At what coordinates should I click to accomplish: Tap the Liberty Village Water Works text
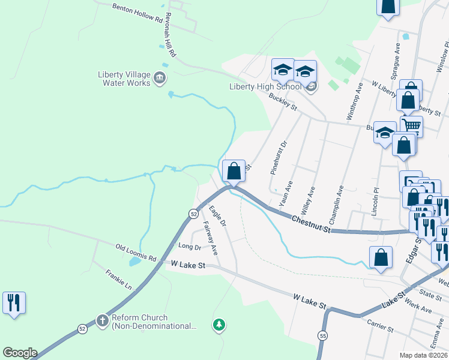coord(124,79)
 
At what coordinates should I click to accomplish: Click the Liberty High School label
coord(265,86)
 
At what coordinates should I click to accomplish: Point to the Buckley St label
coord(283,101)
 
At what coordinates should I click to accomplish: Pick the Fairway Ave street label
coord(209,236)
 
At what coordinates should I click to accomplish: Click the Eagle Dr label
coord(217,215)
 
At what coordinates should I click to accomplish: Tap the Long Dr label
coord(189,246)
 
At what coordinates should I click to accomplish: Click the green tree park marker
coord(219,325)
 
